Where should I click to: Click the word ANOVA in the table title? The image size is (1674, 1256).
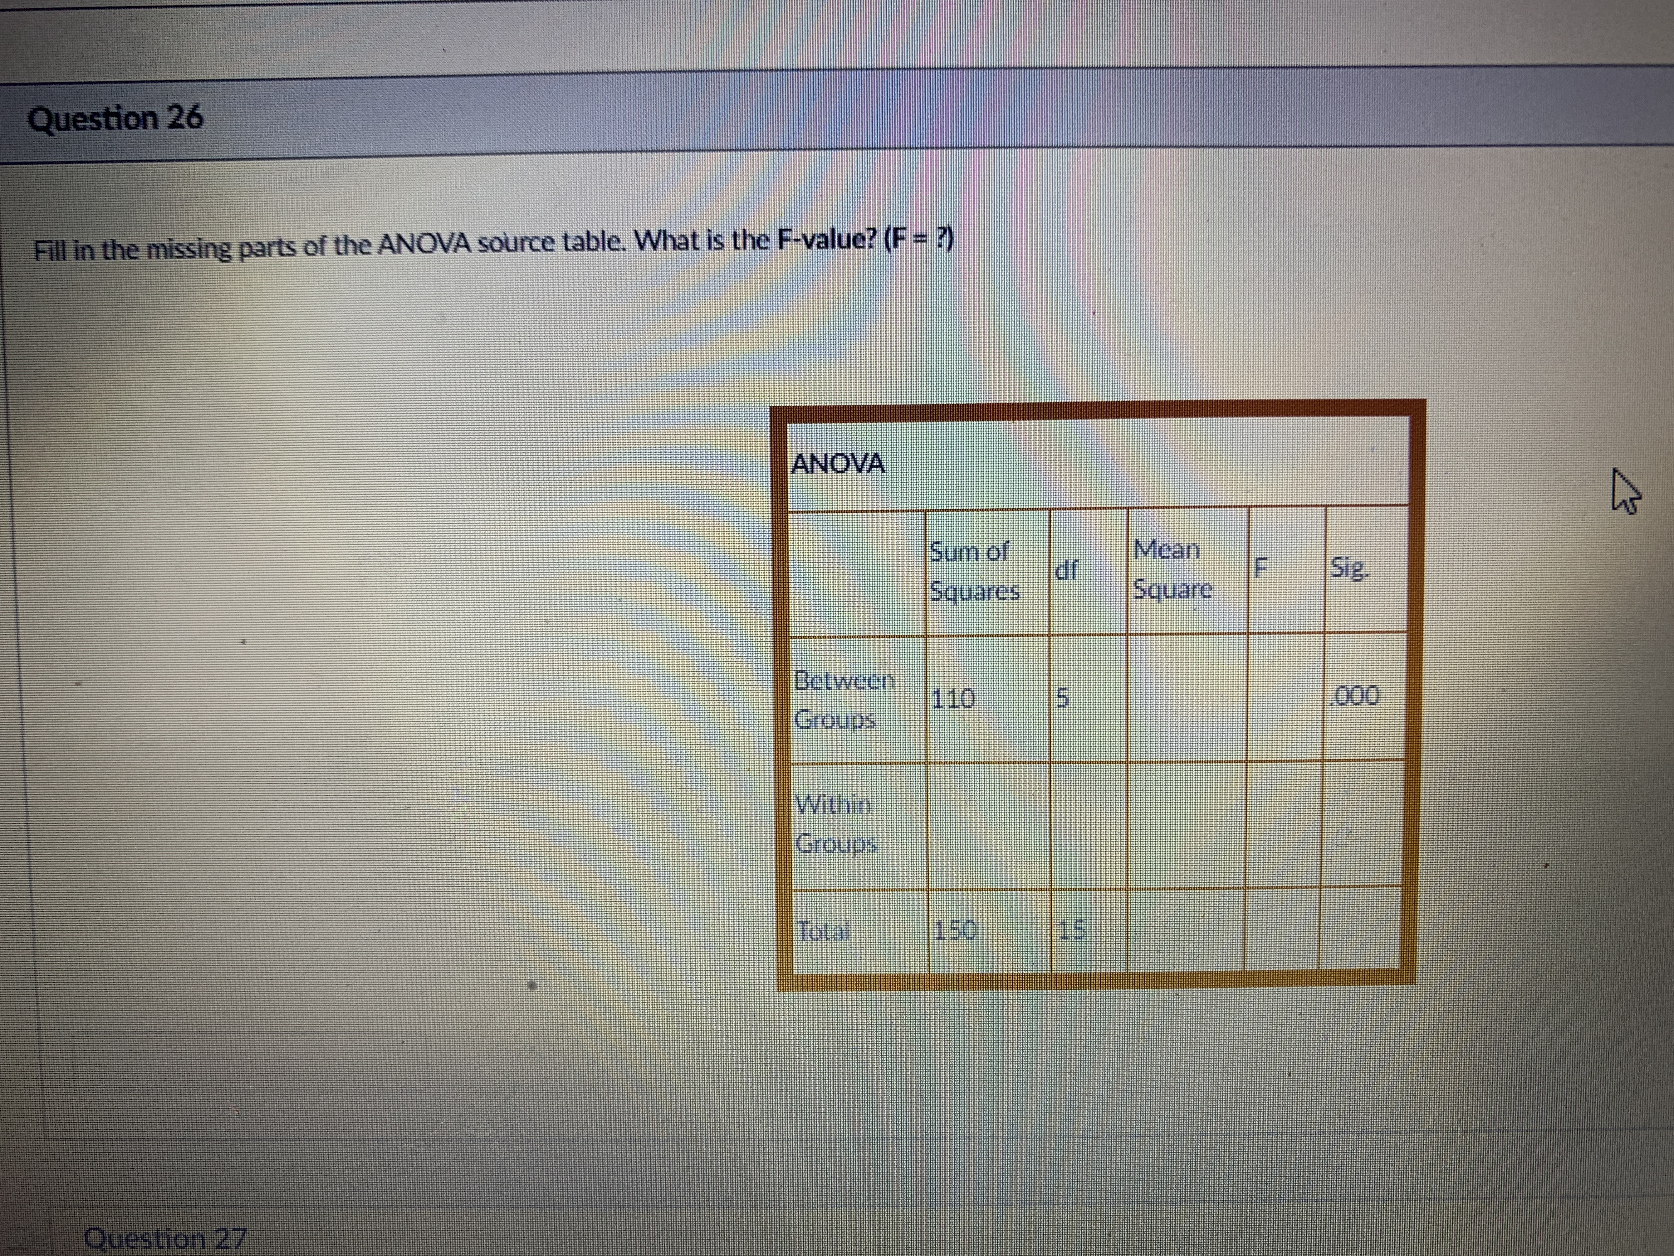pos(837,463)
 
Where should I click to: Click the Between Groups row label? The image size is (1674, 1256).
pos(843,699)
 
